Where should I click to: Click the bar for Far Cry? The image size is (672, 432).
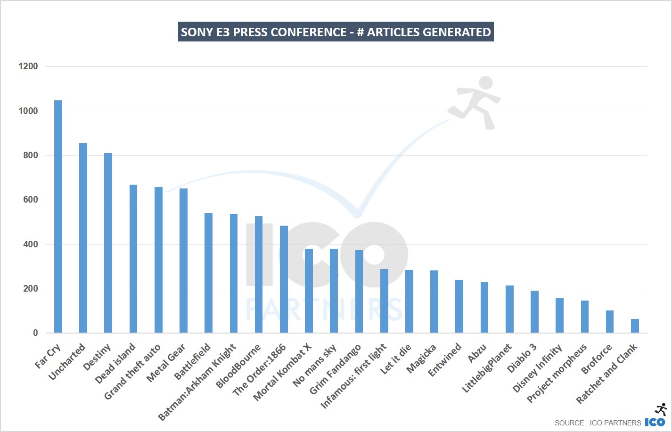coord(58,217)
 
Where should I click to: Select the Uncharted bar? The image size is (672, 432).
coord(83,238)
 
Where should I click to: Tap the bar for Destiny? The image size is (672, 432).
coord(108,243)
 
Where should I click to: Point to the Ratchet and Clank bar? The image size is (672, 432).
coord(635,326)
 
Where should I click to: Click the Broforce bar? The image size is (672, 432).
coord(610,322)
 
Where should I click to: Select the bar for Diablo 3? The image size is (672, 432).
coord(534,312)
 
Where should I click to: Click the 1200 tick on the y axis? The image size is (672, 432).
coord(28,66)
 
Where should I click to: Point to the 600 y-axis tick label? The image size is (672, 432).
coord(30,200)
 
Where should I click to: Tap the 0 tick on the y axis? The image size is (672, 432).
coord(35,333)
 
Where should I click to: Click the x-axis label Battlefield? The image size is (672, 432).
coord(192,362)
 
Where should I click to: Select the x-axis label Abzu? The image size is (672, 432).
coord(477,353)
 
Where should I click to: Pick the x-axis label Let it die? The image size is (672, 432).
coord(396,359)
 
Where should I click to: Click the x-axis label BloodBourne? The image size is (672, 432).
coord(238,367)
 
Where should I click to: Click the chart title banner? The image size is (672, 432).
coord(336,32)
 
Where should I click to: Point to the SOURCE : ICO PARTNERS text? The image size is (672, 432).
coord(598,423)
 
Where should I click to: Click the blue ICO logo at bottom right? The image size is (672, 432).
coord(655,422)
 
